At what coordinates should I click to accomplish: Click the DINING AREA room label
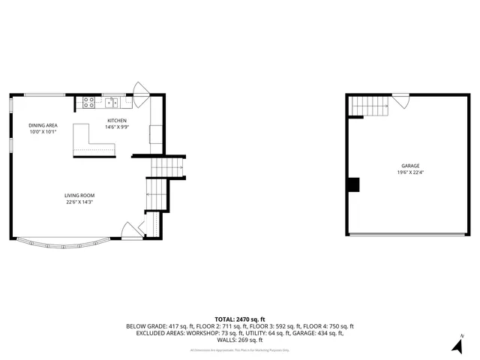click(43, 125)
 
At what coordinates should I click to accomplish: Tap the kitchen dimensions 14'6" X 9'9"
click(117, 127)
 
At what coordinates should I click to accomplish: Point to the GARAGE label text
click(409, 166)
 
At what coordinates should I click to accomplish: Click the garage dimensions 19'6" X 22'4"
click(409, 172)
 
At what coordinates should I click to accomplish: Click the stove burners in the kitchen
click(88, 103)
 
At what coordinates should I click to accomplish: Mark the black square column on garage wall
click(354, 184)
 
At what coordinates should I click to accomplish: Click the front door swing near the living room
click(132, 229)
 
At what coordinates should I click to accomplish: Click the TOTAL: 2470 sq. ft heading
click(239, 319)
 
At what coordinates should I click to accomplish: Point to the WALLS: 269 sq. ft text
click(239, 340)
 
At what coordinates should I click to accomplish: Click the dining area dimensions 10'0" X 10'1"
click(43, 132)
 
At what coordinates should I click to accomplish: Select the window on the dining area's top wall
click(45, 94)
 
